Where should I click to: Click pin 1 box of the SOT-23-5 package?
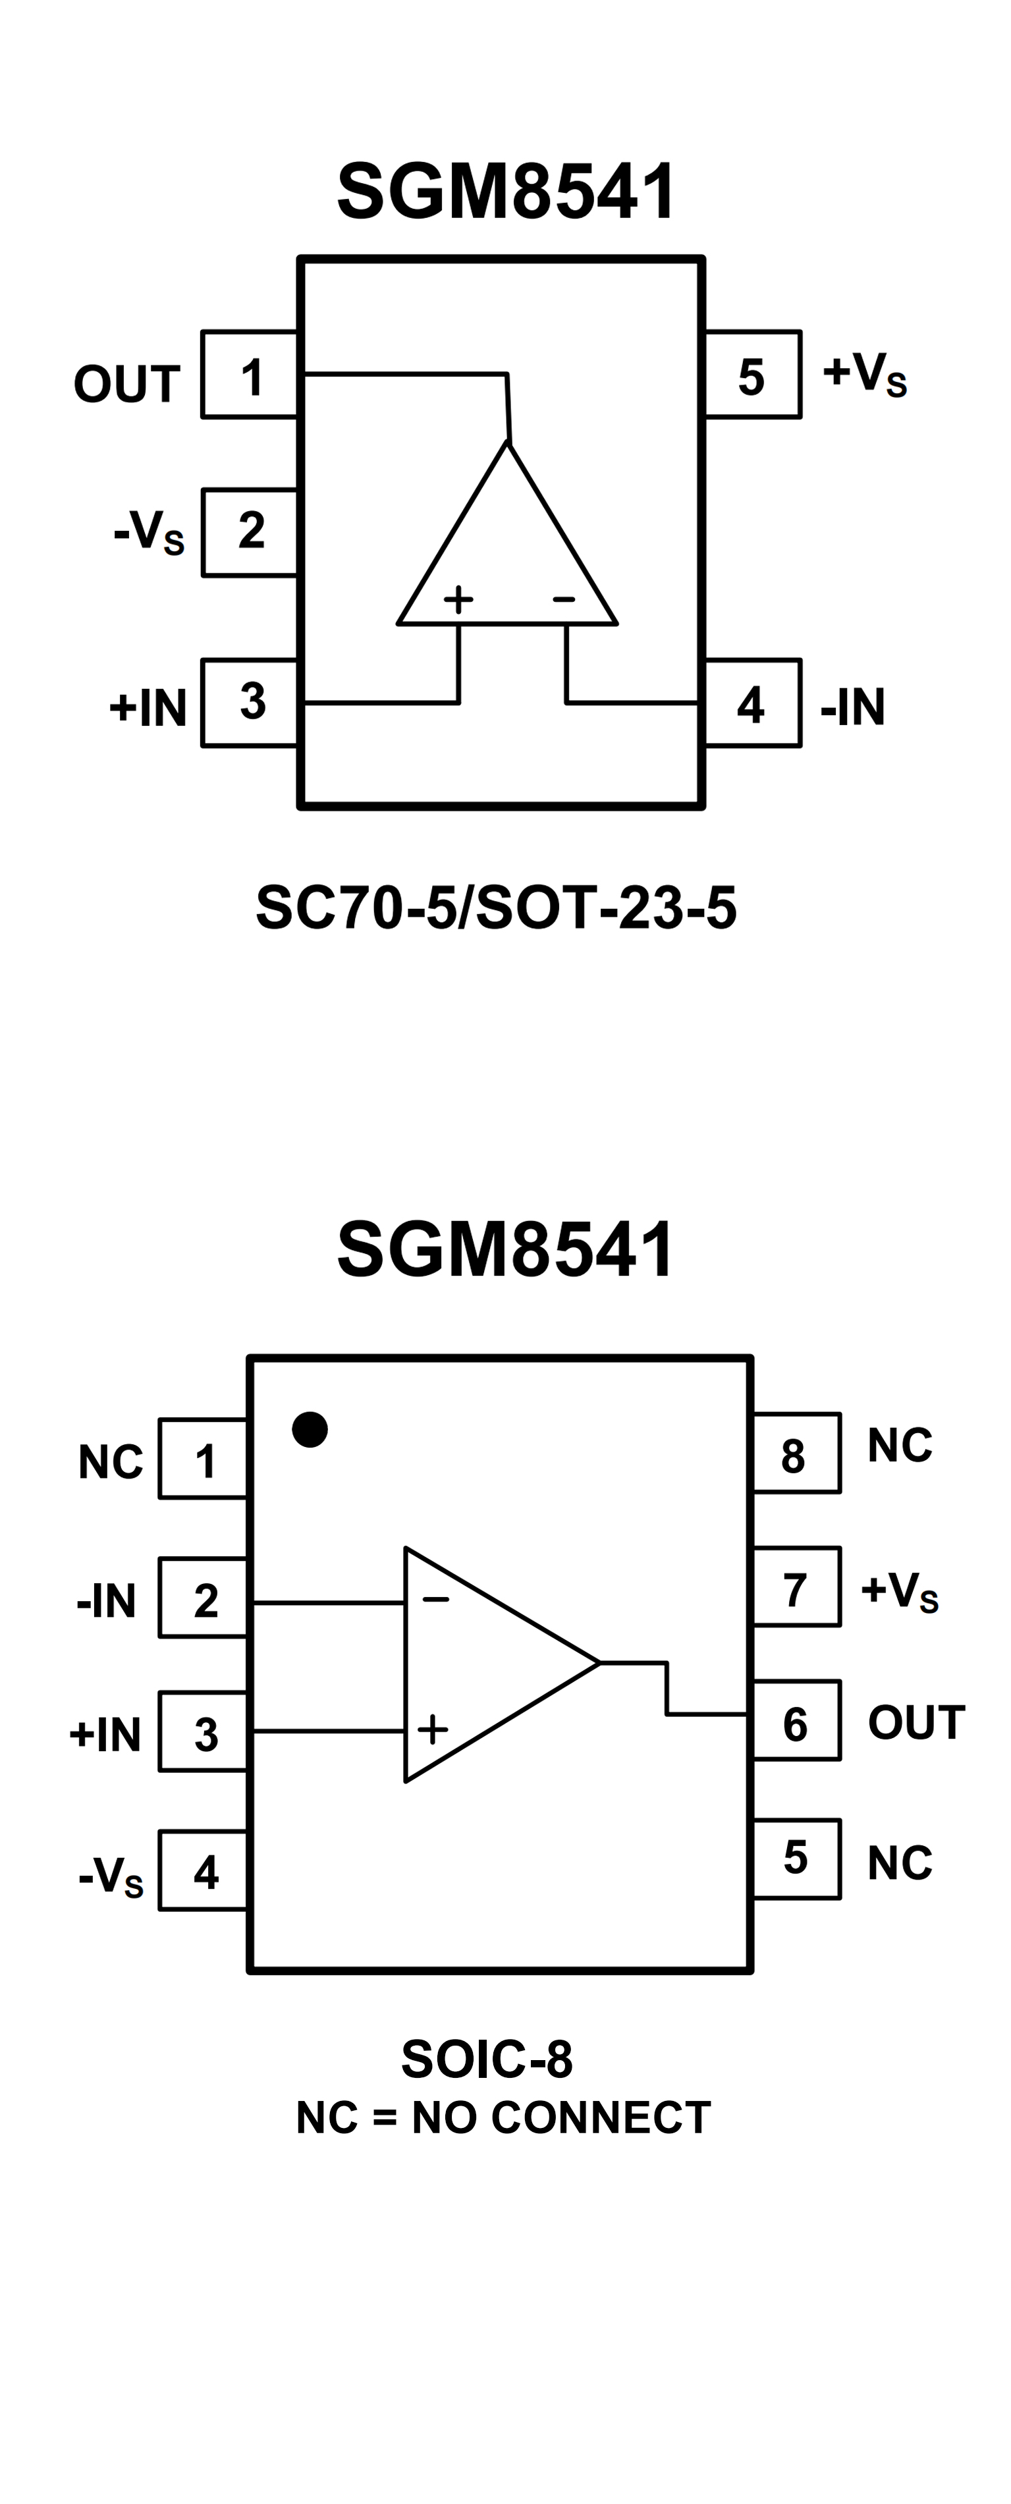[250, 375]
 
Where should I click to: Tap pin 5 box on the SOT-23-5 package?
[751, 375]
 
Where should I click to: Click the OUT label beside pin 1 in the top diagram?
[126, 384]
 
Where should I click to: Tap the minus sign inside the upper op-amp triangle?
[564, 599]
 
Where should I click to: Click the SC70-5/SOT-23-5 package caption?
[496, 908]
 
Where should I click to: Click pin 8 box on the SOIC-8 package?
[795, 1454]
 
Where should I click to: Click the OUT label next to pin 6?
[915, 1722]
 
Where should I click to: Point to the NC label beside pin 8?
[899, 1446]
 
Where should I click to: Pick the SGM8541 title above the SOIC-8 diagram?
[506, 1250]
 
